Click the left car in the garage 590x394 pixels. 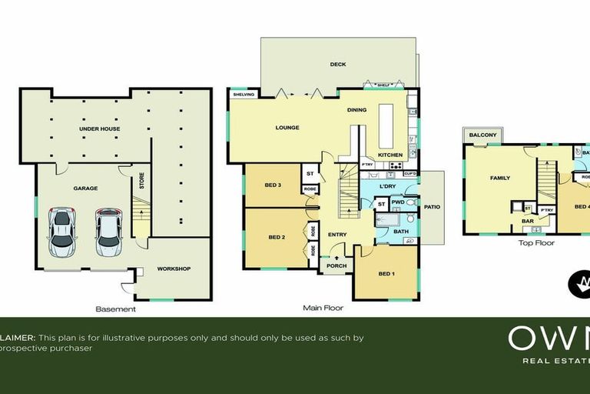[62, 232]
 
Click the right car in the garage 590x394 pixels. [109, 232]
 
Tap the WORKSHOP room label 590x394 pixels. [174, 269]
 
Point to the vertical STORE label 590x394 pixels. [142, 182]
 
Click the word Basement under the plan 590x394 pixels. [115, 309]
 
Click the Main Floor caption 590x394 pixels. [323, 308]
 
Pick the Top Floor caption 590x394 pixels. [537, 242]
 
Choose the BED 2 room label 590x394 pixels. [277, 238]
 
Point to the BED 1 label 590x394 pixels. [387, 274]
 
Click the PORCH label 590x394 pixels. [336, 266]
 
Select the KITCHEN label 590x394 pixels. [390, 155]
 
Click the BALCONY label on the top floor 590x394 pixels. [483, 135]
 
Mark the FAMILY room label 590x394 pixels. [500, 179]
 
